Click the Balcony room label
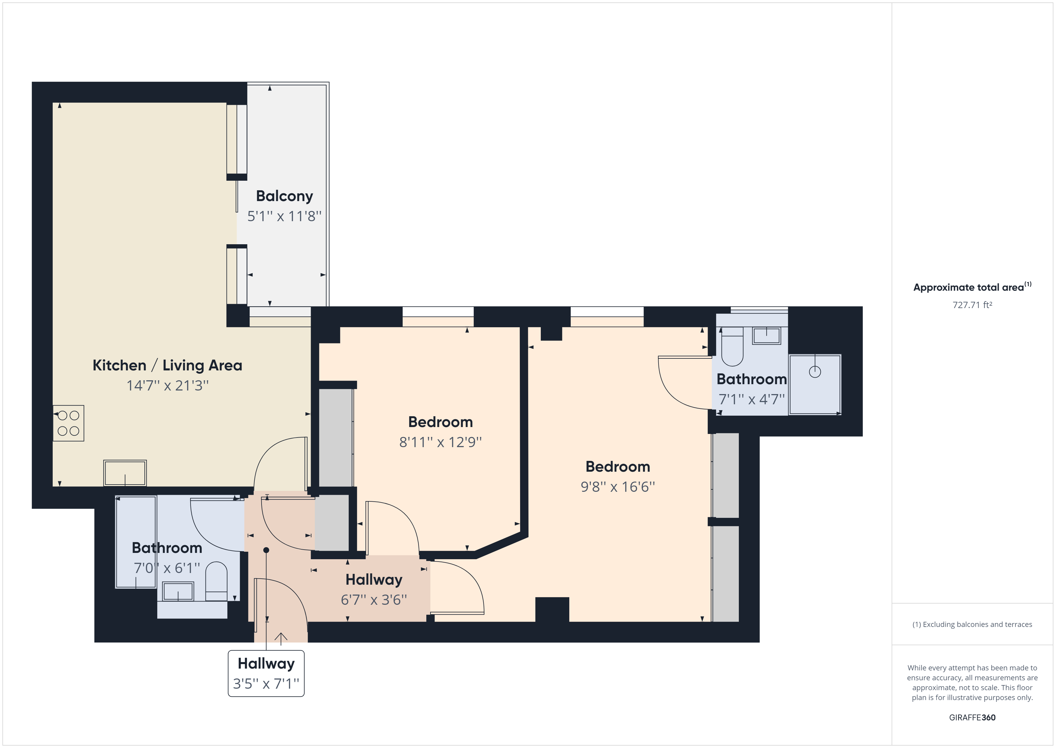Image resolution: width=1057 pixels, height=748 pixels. click(285, 196)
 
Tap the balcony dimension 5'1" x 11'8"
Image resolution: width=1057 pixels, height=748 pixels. click(285, 216)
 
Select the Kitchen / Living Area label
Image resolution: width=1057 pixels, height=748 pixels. click(167, 365)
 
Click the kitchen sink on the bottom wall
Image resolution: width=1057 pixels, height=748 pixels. click(125, 473)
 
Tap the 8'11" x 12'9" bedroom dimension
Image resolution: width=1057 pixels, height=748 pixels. click(441, 442)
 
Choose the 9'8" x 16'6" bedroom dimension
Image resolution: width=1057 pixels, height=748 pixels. click(618, 487)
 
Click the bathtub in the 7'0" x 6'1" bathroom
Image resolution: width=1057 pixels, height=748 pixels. click(136, 542)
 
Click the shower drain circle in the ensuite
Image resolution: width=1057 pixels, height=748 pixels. click(815, 372)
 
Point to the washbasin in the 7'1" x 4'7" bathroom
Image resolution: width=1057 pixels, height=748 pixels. click(766, 336)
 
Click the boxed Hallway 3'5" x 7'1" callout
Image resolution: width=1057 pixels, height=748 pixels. click(266, 673)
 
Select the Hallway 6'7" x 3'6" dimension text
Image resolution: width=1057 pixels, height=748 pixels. click(374, 600)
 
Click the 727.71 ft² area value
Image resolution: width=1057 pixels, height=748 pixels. click(972, 305)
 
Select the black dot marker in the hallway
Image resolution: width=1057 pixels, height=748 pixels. click(266, 550)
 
